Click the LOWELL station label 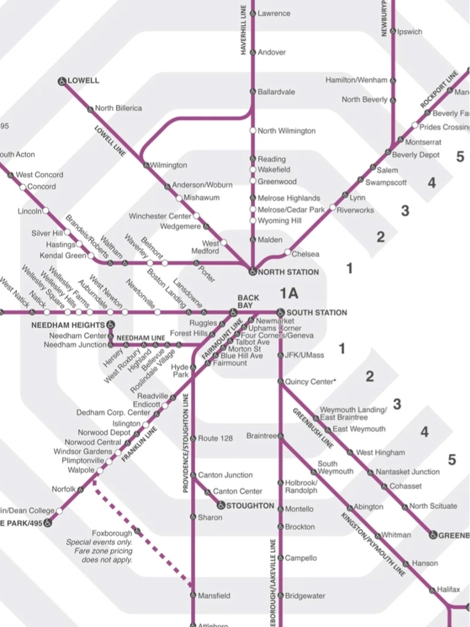[x=83, y=81]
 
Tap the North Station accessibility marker [x=252, y=272]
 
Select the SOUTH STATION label [x=316, y=312]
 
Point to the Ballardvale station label [x=276, y=91]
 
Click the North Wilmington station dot [x=253, y=131]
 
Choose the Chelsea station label [x=306, y=254]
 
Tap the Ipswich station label [x=409, y=31]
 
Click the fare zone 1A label [x=289, y=293]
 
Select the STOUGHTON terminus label [x=250, y=506]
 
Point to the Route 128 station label [x=215, y=438]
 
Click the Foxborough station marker [x=137, y=531]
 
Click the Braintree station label [x=261, y=436]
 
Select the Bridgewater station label [x=305, y=595]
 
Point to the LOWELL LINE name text [x=110, y=141]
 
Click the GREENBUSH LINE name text [x=312, y=427]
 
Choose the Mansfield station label [x=214, y=596]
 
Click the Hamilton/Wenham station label [x=356, y=80]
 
